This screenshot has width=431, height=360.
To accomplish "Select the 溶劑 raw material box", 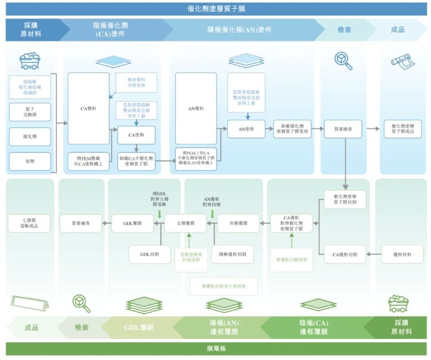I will [30, 161].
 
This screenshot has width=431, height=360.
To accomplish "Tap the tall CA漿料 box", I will [88, 108].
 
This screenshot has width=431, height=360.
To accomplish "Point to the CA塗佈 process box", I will [136, 134].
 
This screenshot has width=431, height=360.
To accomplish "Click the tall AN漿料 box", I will [196, 108].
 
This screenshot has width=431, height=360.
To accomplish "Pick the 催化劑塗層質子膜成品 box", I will [402, 129].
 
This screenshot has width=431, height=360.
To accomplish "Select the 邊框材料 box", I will [402, 254].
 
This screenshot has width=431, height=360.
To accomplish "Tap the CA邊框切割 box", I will [344, 254].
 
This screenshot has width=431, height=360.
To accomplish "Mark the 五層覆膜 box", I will [186, 223].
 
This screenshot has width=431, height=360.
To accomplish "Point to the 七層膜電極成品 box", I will [30, 223].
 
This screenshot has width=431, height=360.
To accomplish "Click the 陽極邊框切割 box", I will [233, 254].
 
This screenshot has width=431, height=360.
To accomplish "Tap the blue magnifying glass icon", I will [344, 60].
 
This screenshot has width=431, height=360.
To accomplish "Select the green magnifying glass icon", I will [81, 303].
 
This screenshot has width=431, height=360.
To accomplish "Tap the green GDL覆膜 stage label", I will [139, 327].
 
